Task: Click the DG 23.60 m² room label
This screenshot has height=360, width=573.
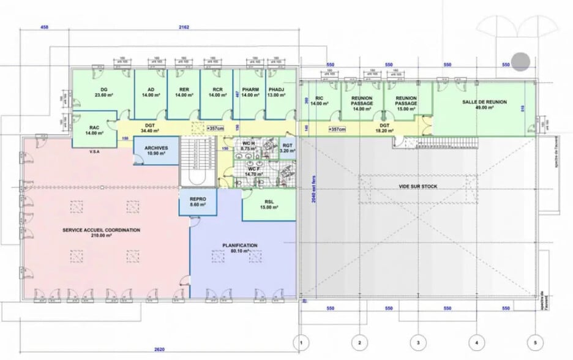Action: pos(101,92)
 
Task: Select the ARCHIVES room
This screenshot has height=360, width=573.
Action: pos(156,151)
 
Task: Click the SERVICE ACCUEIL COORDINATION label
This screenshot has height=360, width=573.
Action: pos(102,233)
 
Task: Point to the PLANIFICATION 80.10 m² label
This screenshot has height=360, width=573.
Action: pos(239,248)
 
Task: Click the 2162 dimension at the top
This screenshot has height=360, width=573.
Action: pos(183,28)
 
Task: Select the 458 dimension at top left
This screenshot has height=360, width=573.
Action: pos(45,28)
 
